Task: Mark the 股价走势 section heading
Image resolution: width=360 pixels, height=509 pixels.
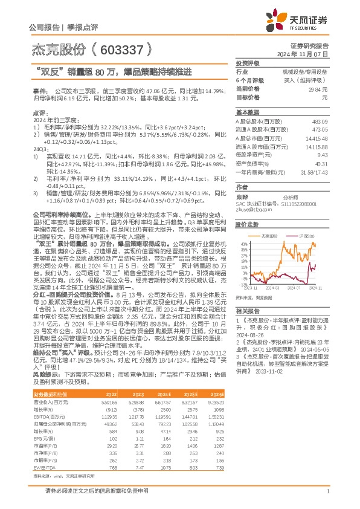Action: click(246, 224)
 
